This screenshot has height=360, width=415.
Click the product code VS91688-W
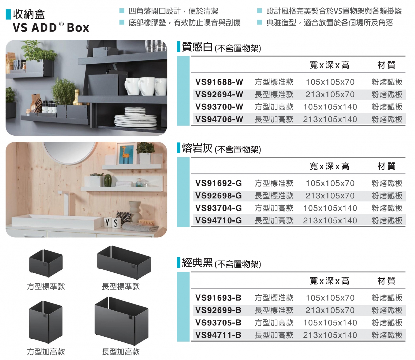tap(219, 82)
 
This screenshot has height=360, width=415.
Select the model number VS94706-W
tap(219, 119)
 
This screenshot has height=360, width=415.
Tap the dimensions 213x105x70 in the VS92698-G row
tap(330, 196)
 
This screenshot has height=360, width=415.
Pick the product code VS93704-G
tap(218, 208)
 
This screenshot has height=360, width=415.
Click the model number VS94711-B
tap(218, 335)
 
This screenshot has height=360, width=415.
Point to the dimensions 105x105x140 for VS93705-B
tap(330, 323)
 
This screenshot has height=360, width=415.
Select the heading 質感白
tap(197, 47)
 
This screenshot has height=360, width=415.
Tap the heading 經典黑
tap(197, 263)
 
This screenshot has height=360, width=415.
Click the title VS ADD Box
tap(51, 28)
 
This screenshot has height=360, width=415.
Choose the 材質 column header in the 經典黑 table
tap(386, 281)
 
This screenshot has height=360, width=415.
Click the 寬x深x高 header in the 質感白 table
tap(329, 65)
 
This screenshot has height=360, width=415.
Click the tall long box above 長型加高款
tap(121, 321)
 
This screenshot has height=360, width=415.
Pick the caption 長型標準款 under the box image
tap(121, 287)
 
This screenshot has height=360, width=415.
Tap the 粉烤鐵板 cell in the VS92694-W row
tap(387, 94)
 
